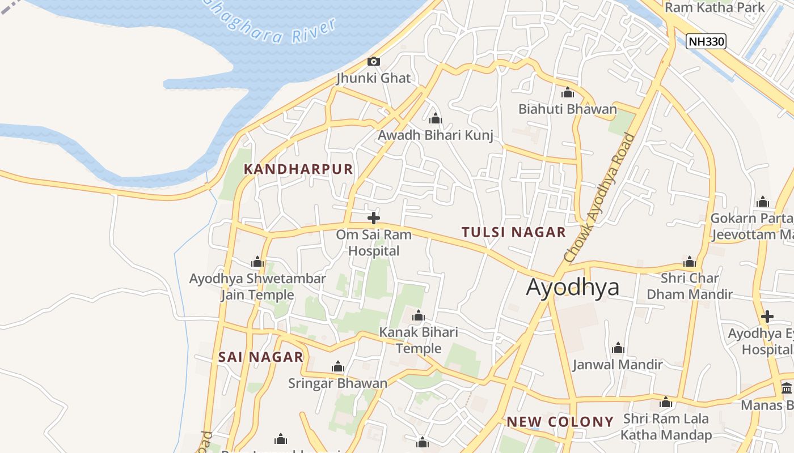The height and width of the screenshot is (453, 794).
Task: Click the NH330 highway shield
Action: point(706,41)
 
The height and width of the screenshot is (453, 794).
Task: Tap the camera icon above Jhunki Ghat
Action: point(374,61)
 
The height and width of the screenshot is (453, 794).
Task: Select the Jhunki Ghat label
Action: point(373,78)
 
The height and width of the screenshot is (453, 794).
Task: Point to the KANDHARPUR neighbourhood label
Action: point(298,169)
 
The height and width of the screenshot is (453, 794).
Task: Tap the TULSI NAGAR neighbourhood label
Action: point(513,232)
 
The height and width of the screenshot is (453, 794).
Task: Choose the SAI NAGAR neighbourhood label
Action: point(261,357)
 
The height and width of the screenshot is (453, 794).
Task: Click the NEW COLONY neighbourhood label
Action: point(560,422)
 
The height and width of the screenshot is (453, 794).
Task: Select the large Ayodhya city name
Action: point(572,287)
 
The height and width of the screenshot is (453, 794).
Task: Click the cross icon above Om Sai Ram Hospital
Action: point(374,218)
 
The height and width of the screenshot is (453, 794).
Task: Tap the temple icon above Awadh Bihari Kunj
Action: point(436,119)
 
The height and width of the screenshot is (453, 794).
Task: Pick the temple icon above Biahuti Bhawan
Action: point(568,93)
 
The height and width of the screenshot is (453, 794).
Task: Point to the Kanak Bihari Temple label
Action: point(419,340)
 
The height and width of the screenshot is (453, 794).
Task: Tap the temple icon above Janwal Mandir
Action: point(618,348)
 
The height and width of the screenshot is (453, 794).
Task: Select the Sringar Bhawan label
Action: point(337,383)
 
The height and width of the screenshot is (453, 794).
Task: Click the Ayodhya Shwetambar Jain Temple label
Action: point(257,287)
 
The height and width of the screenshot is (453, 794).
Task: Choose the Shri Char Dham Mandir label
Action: point(690,286)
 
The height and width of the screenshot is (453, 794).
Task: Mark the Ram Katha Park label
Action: point(715,7)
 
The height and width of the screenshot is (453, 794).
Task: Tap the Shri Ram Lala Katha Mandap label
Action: point(666,427)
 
